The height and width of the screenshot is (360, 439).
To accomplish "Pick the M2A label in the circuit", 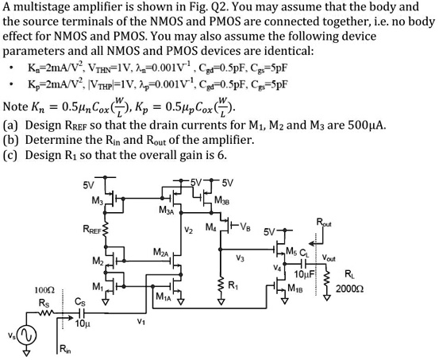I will point(160,252).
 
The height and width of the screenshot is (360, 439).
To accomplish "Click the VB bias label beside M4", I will point(249,227).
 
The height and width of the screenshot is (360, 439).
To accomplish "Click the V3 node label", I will point(240,257).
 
